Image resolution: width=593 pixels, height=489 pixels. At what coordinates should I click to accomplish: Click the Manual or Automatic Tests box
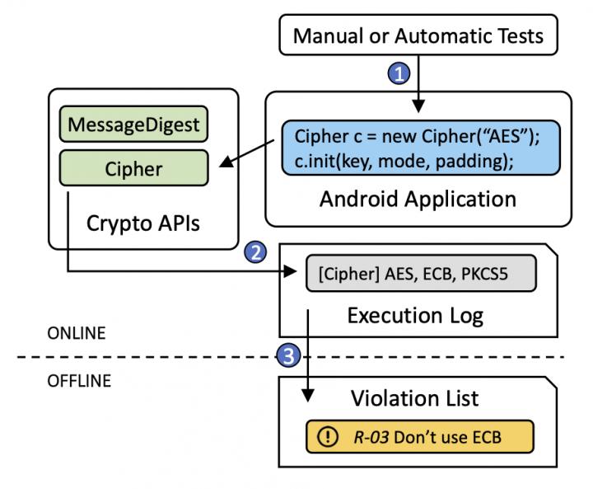tap(418, 35)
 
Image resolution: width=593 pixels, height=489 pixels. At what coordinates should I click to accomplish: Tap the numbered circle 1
tap(398, 74)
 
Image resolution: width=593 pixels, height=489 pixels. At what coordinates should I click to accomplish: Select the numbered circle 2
tap(255, 252)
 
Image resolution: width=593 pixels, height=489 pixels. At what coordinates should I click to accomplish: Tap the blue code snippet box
tap(418, 149)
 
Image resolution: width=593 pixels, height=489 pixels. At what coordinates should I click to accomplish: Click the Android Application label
tap(418, 199)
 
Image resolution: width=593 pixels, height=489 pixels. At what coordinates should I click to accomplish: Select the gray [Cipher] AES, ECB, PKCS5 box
tap(420, 273)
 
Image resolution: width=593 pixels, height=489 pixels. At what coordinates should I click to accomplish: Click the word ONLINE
tap(76, 333)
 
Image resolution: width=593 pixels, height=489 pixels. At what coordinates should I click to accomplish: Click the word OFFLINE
tap(79, 382)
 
